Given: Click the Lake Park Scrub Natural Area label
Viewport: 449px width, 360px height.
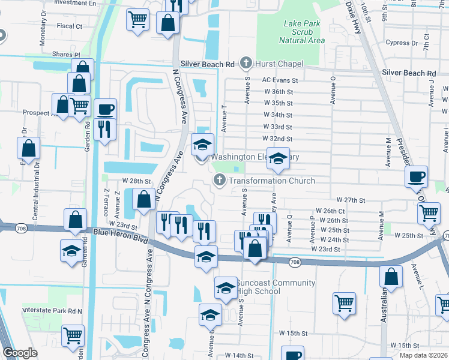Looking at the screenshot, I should pos(304,32).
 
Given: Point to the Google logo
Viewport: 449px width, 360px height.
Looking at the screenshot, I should pos(20,353).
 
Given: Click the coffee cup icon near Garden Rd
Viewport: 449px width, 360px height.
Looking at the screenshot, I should pos(106,110).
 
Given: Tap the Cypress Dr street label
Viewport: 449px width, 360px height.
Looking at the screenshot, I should pos(402,43).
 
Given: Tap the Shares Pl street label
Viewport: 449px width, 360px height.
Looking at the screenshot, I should pos(65,54).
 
